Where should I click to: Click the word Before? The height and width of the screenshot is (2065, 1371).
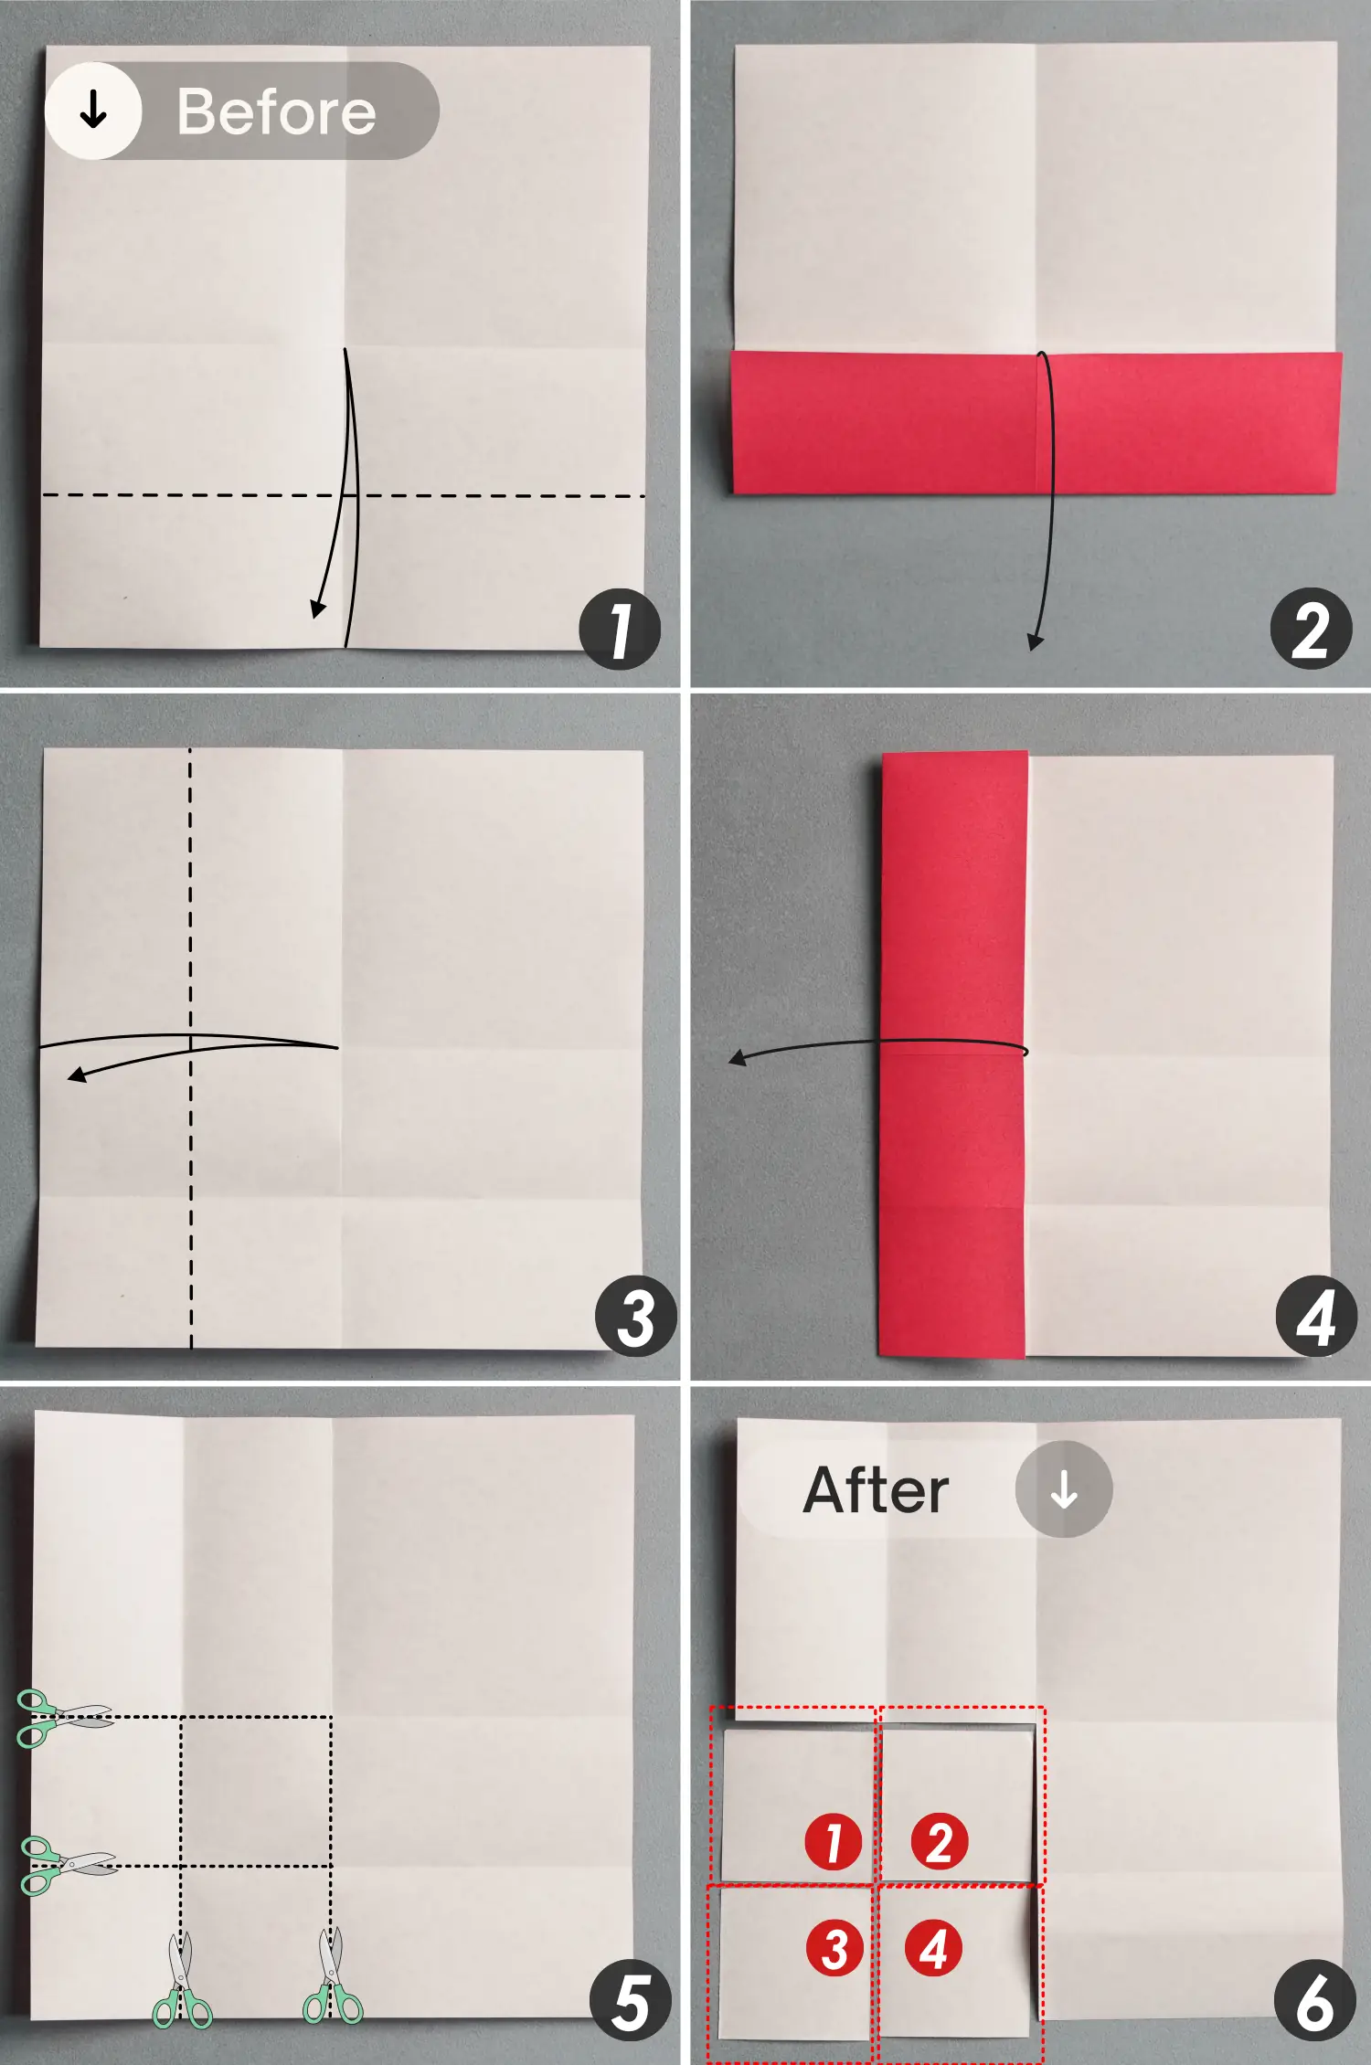pyautogui.click(x=276, y=111)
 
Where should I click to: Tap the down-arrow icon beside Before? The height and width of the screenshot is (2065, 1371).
pyautogui.click(x=93, y=111)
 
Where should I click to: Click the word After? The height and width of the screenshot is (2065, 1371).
pyautogui.click(x=876, y=1490)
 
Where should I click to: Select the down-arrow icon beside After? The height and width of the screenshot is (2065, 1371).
pyautogui.click(x=1064, y=1489)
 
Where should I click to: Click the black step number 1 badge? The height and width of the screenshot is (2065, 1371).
pyautogui.click(x=620, y=630)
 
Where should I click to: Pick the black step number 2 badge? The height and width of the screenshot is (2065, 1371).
pyautogui.click(x=1311, y=630)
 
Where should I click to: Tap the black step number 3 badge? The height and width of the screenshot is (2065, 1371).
pyautogui.click(x=635, y=1316)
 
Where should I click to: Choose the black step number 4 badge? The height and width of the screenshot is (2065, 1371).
pyautogui.click(x=1316, y=1316)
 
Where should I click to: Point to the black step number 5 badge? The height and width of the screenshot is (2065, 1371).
pyautogui.click(x=630, y=2001)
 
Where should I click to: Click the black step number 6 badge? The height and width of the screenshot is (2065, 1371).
pyautogui.click(x=1314, y=2001)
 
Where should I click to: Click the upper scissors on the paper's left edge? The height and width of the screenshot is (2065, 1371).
pyautogui.click(x=62, y=1718)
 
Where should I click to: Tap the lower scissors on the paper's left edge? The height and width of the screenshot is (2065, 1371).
pyautogui.click(x=66, y=1865)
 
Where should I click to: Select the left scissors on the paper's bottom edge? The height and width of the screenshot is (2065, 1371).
pyautogui.click(x=182, y=1981)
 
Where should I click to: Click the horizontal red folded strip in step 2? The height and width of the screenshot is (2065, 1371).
pyautogui.click(x=1036, y=424)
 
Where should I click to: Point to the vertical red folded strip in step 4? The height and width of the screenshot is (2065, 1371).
pyautogui.click(x=953, y=1055)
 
